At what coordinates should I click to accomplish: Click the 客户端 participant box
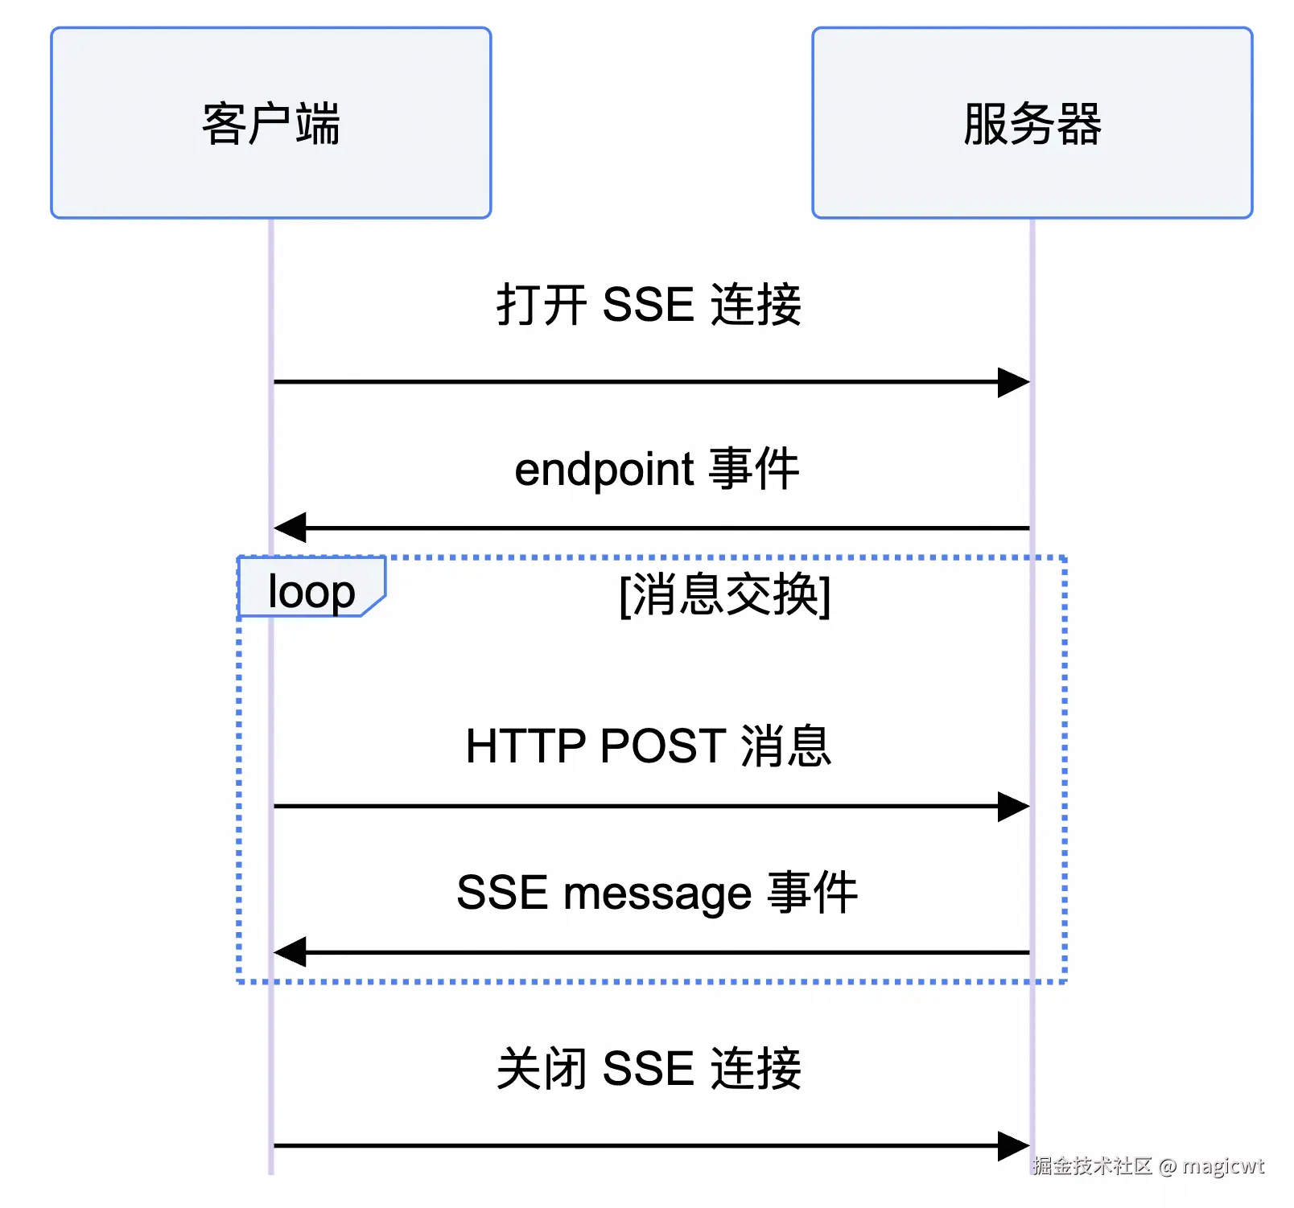pos(270,122)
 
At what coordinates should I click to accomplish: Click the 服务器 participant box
pos(1032,122)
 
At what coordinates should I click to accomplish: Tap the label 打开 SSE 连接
pos(649,305)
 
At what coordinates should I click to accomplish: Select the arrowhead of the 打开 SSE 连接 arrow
pos(1014,382)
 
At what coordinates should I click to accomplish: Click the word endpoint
pos(604,470)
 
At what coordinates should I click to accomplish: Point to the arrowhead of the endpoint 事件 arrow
pos(290,528)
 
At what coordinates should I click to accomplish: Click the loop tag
pos(311,592)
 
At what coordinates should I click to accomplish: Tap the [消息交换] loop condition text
pos(724,595)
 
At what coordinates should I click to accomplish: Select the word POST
pos(663,746)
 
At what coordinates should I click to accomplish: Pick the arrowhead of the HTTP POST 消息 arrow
pos(1014,806)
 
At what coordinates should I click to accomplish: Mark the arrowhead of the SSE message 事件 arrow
pos(290,952)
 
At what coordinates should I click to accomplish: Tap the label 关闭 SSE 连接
pos(649,1069)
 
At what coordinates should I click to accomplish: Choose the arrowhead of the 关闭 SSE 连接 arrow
pos(1014,1146)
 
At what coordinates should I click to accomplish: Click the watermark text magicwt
pos(1222,1166)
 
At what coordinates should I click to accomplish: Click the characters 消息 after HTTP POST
pos(785,746)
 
